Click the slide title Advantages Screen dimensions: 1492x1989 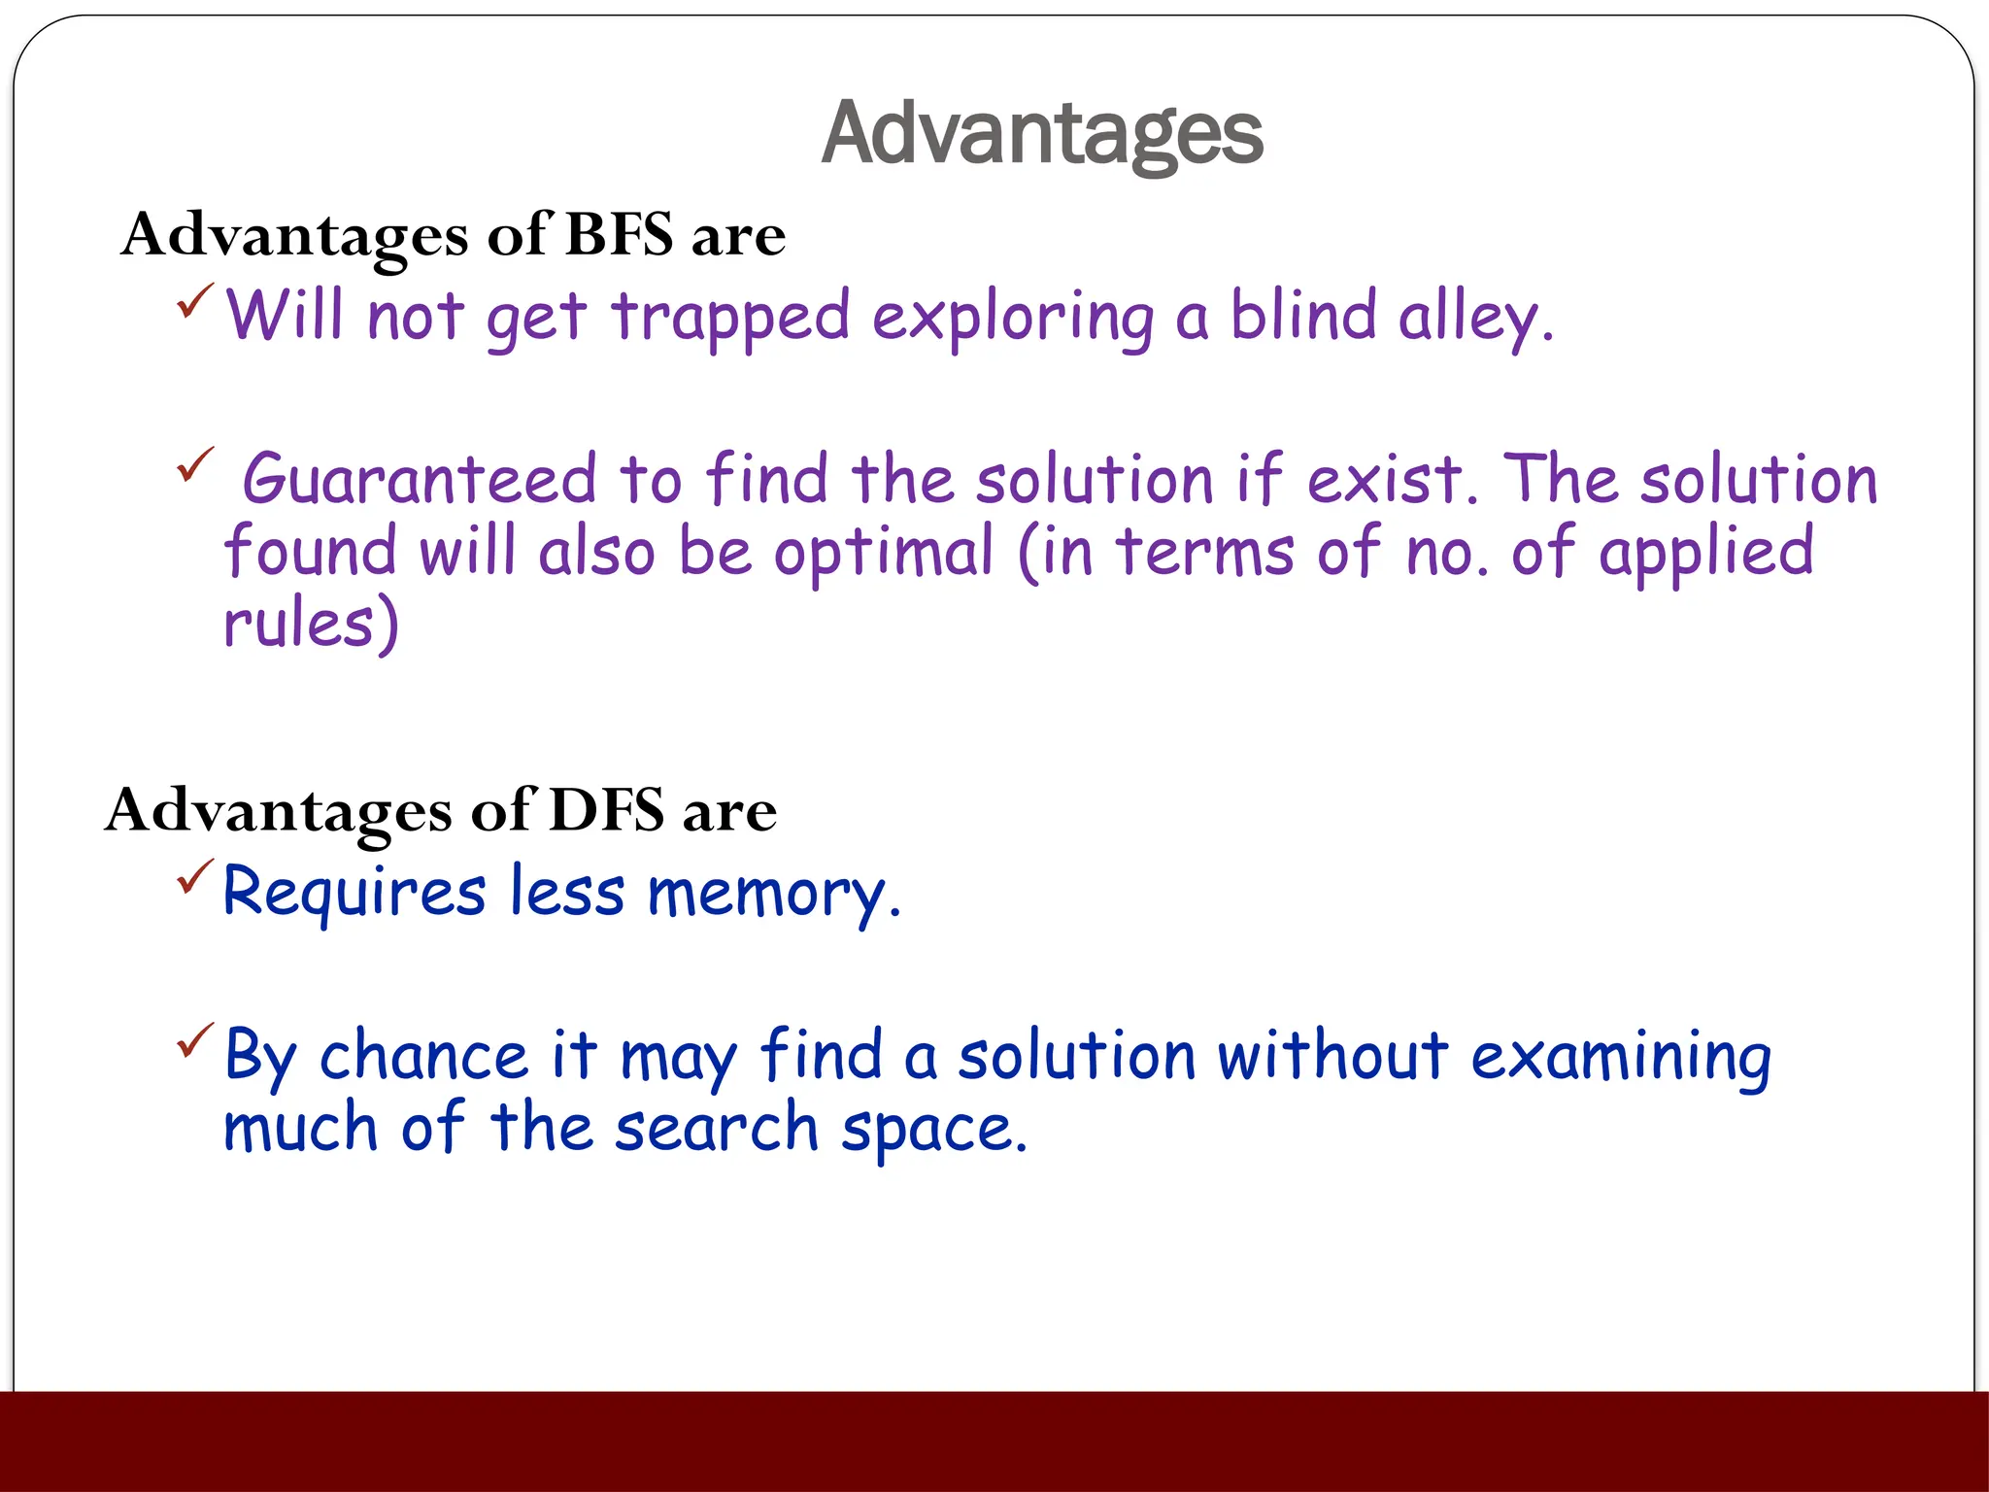pyautogui.click(x=1041, y=134)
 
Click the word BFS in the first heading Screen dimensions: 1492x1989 pyautogui.click(x=619, y=234)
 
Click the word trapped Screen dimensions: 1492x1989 pyautogui.click(x=730, y=318)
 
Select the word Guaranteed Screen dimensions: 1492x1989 pyautogui.click(x=419, y=480)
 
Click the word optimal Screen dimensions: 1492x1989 pyautogui.click(x=884, y=552)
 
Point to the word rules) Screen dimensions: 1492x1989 pyautogui.click(x=311, y=624)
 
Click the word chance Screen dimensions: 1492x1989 pyautogui.click(x=423, y=1056)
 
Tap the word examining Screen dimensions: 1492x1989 pyautogui.click(x=1620, y=1058)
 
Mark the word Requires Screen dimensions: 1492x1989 pyautogui.click(x=354, y=893)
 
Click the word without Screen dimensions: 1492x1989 pyautogui.click(x=1332, y=1056)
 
